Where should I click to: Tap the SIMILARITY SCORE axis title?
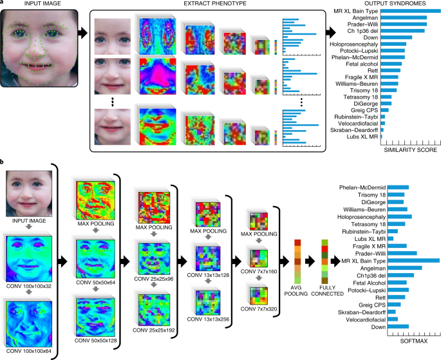pyautogui.click(x=410, y=150)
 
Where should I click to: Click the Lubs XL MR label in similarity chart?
pyautogui.click(x=362, y=137)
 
